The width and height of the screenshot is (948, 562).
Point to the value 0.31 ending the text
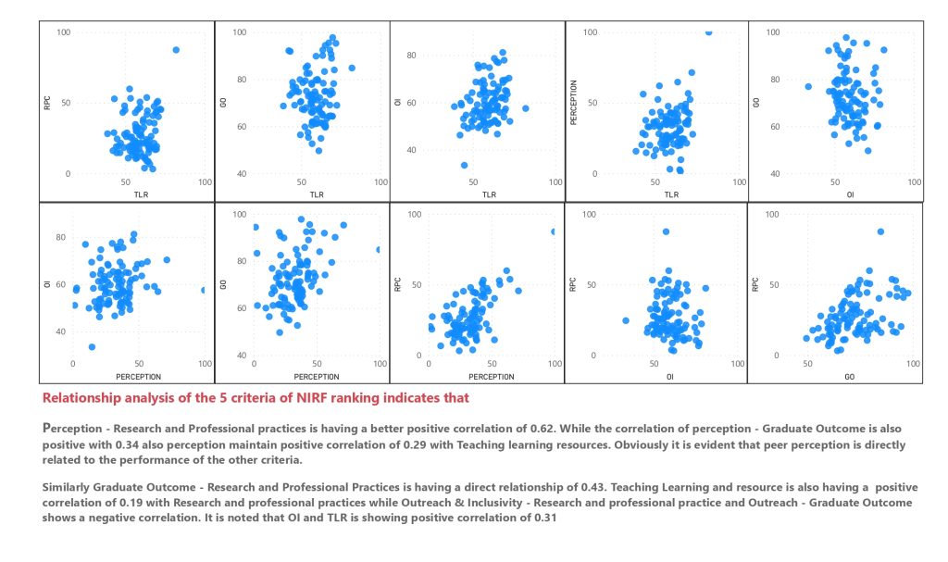547,516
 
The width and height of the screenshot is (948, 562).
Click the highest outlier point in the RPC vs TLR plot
176,50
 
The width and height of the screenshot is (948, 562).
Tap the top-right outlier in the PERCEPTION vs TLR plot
709,31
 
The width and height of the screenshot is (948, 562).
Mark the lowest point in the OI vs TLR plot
463,166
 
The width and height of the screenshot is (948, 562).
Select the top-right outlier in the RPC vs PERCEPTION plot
554,231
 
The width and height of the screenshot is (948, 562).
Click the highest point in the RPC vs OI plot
666,231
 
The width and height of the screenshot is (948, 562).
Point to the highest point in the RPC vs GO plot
880,231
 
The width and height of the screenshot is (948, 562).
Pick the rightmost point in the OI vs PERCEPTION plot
203,290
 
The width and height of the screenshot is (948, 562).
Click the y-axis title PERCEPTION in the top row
574,103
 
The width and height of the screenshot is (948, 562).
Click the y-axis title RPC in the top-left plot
47,103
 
